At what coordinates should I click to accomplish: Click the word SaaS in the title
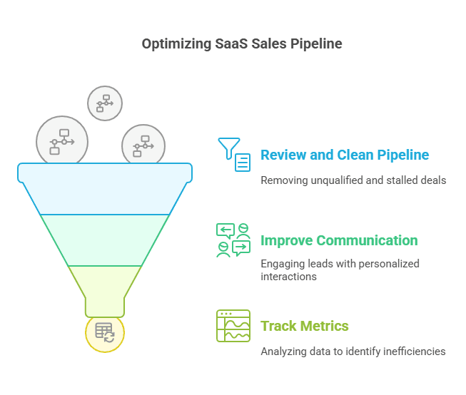pos(231,43)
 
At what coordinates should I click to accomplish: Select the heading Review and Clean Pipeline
pos(345,155)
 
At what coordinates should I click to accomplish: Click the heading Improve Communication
pos(339,240)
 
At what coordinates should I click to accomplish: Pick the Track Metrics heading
pos(305,326)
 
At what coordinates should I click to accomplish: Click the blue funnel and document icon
pos(234,155)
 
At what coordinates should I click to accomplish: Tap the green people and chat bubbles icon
pos(233,240)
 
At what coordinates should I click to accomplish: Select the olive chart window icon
pos(233,326)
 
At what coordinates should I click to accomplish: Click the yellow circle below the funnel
pos(105,332)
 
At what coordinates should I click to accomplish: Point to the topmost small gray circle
pos(105,103)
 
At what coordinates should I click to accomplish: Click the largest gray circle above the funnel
pos(62,140)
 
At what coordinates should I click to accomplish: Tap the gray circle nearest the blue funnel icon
pos(143,145)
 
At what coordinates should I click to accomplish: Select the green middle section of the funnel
pos(105,240)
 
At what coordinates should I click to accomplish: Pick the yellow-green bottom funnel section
pos(105,285)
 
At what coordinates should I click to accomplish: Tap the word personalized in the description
pos(390,264)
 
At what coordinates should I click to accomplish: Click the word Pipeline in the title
pos(316,43)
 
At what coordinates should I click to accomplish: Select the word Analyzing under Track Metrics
pos(283,352)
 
